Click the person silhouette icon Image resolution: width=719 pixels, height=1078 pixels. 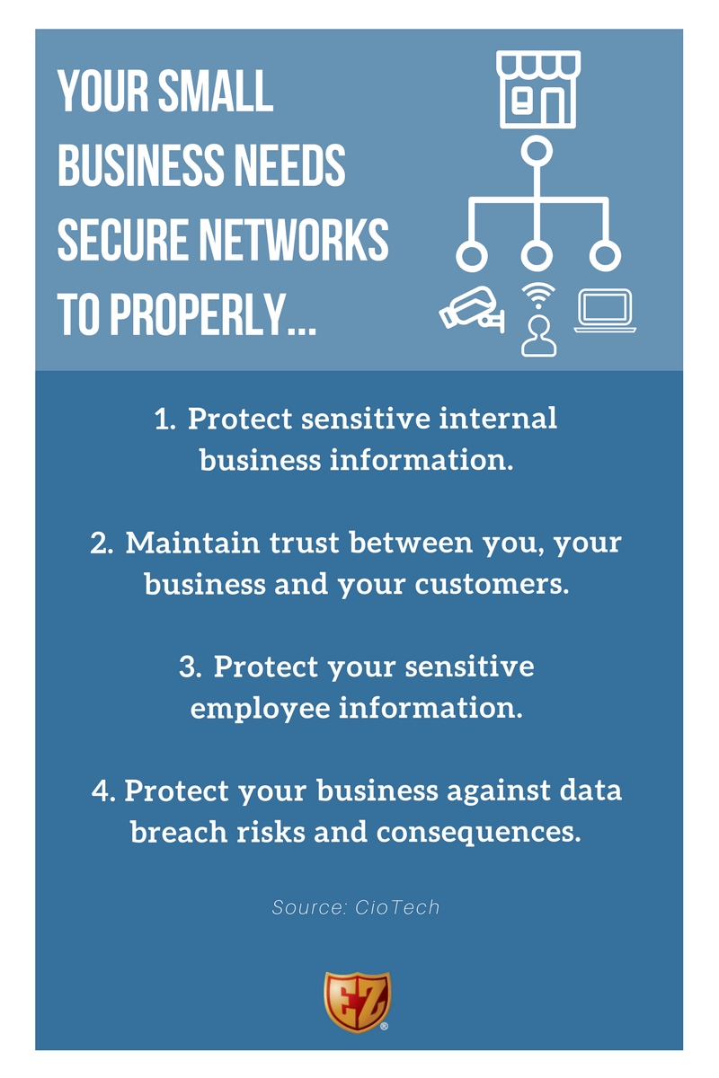click(537, 337)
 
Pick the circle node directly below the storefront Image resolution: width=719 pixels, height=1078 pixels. click(537, 151)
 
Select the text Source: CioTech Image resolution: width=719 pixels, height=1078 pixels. click(357, 907)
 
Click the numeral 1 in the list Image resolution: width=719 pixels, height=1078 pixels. click(163, 420)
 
